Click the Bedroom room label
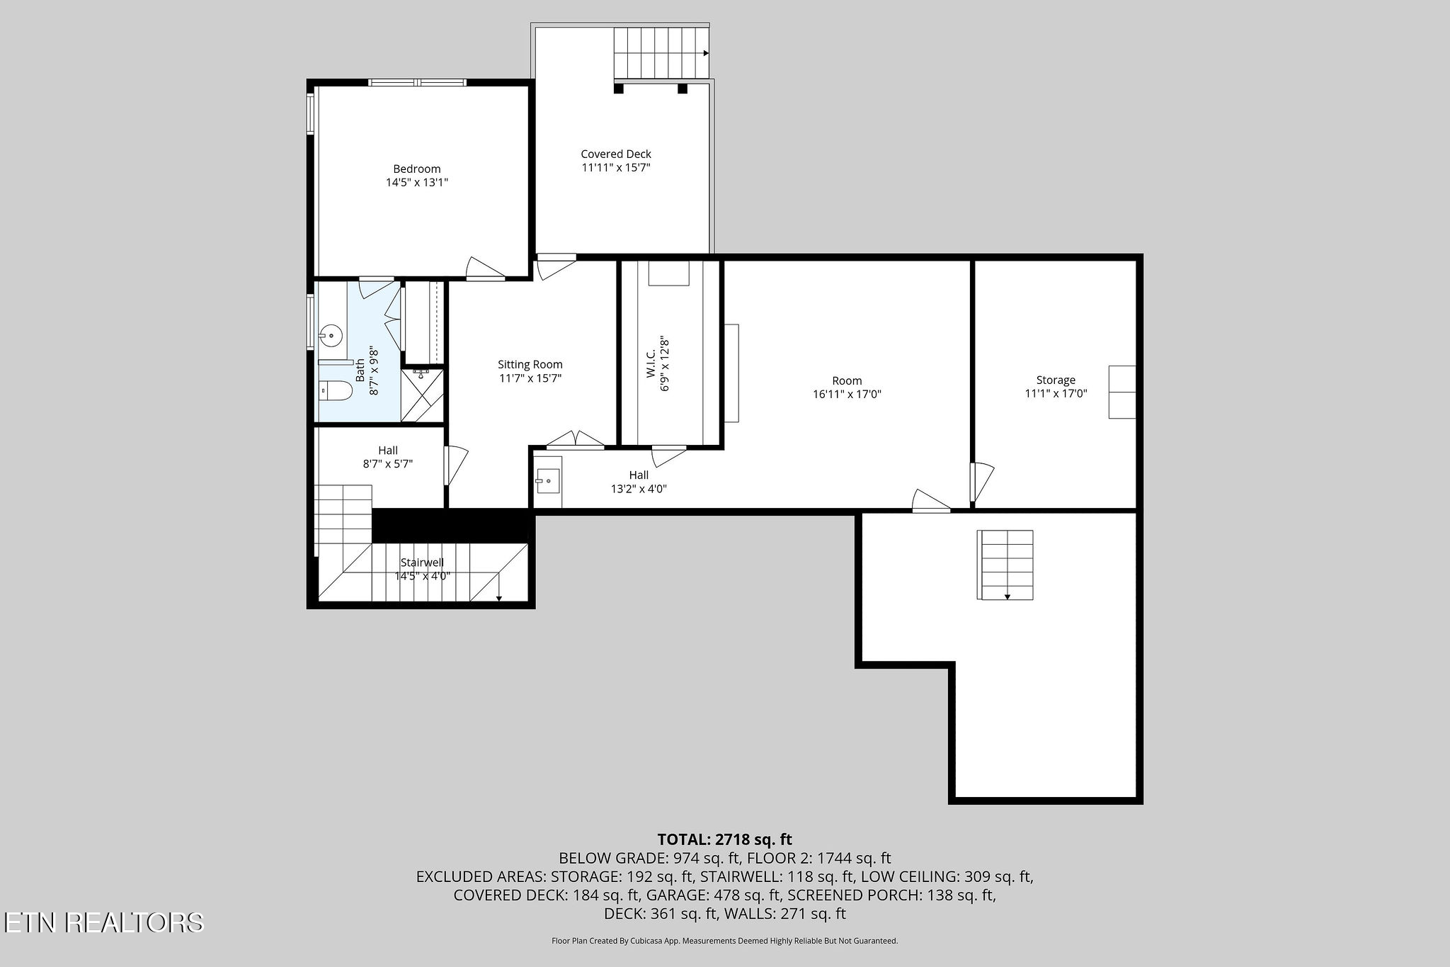coord(417,169)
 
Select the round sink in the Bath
coord(330,334)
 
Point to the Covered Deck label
coord(616,154)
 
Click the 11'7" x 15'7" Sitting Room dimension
coord(530,378)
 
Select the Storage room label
coord(1056,380)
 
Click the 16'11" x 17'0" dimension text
coord(847,395)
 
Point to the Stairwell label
coord(422,562)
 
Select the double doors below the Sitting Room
coord(576,439)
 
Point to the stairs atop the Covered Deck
coord(661,53)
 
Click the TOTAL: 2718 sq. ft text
coord(725,839)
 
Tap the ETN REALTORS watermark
coord(103,922)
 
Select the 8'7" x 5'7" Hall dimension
coord(388,464)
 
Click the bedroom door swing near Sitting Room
coord(485,268)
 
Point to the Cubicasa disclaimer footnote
coord(725,941)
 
